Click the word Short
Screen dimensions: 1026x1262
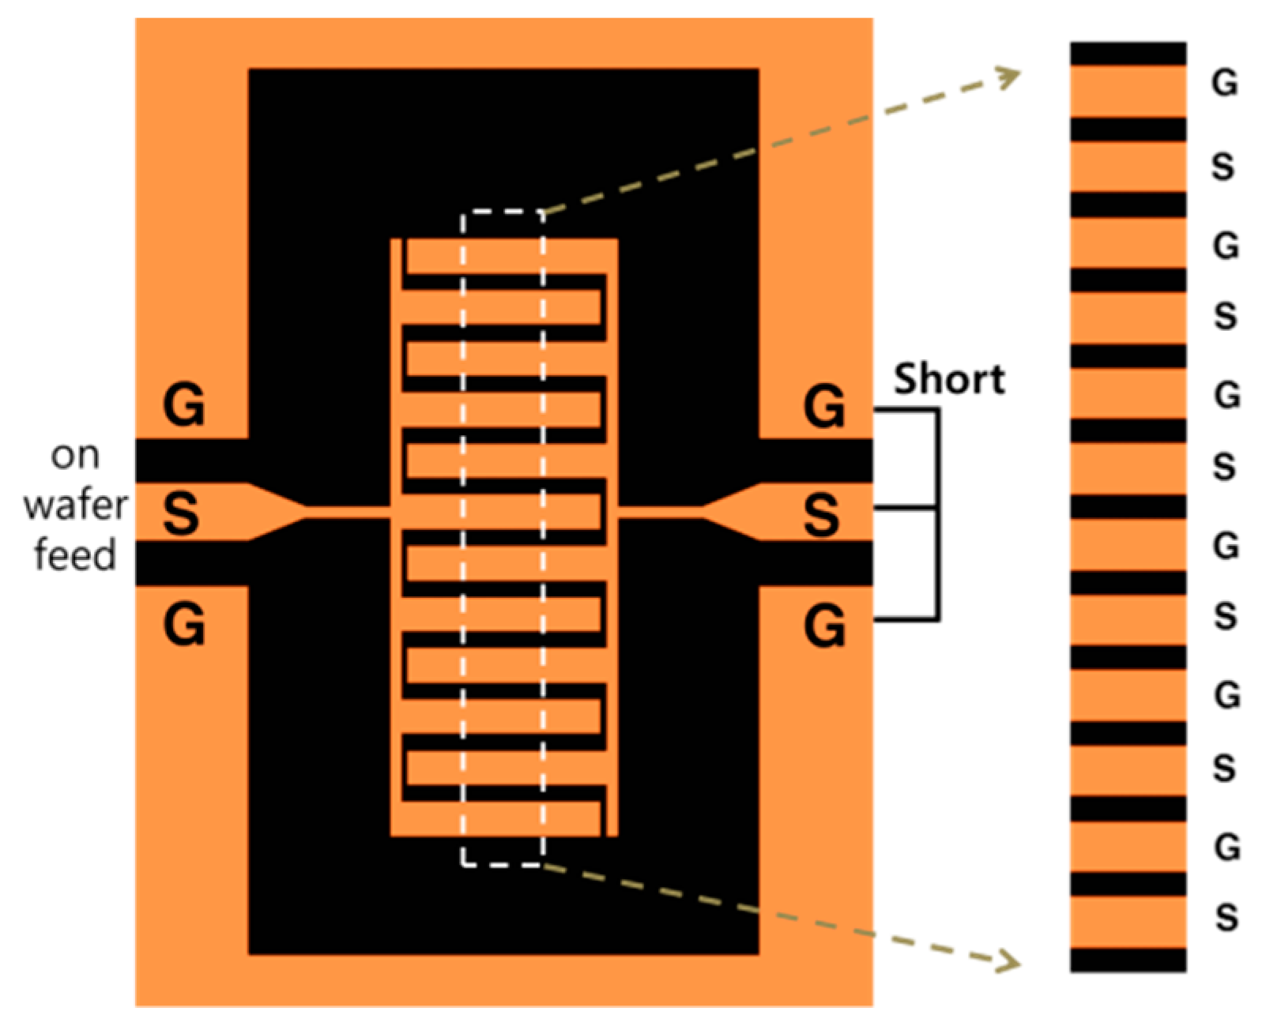[948, 380]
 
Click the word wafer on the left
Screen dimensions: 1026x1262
[75, 505]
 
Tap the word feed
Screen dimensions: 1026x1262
[75, 554]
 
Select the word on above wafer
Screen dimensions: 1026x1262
[75, 456]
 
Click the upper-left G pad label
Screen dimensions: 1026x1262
[183, 406]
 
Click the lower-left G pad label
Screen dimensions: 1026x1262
[183, 625]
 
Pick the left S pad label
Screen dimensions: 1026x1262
[181, 513]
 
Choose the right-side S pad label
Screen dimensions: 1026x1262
[822, 515]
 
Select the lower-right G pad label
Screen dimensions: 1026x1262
[824, 626]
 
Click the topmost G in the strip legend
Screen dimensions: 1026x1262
[1224, 82]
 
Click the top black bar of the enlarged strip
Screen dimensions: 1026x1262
[1128, 54]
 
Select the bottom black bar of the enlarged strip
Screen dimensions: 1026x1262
[1128, 960]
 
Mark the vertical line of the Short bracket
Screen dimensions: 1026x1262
[938, 513]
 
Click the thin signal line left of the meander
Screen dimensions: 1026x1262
[348, 513]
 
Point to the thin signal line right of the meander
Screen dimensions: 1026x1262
[660, 513]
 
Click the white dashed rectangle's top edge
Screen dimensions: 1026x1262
[503, 211]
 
